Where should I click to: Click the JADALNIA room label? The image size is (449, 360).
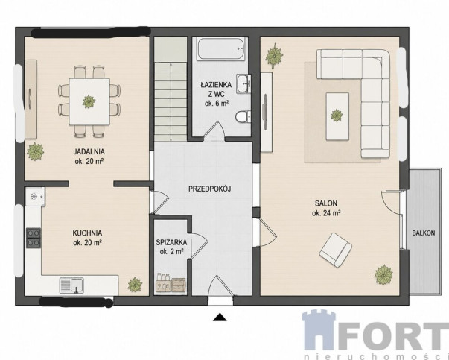click(x=89, y=151)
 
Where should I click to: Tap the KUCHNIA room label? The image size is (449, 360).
click(x=87, y=233)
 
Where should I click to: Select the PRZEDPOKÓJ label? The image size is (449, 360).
click(x=210, y=189)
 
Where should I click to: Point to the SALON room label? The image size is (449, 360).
click(x=326, y=203)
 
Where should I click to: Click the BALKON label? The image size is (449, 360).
click(x=423, y=233)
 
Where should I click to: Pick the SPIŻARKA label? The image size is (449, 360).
click(x=171, y=242)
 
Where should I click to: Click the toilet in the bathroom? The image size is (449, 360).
click(x=243, y=116)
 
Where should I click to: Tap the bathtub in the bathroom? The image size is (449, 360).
click(x=221, y=48)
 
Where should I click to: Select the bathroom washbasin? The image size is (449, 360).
click(x=243, y=83)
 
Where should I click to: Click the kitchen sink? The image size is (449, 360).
click(x=71, y=285)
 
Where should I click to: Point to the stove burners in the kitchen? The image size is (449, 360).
click(x=34, y=238)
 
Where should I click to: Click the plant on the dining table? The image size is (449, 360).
click(x=89, y=101)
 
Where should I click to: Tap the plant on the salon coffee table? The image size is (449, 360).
click(x=337, y=116)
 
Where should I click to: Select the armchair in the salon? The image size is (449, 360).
click(x=336, y=250)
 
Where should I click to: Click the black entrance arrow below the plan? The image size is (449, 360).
click(x=220, y=317)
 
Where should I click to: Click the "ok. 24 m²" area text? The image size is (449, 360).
click(x=326, y=213)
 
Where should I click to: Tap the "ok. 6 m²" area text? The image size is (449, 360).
click(x=217, y=104)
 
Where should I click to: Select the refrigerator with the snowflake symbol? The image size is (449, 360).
click(x=35, y=197)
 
